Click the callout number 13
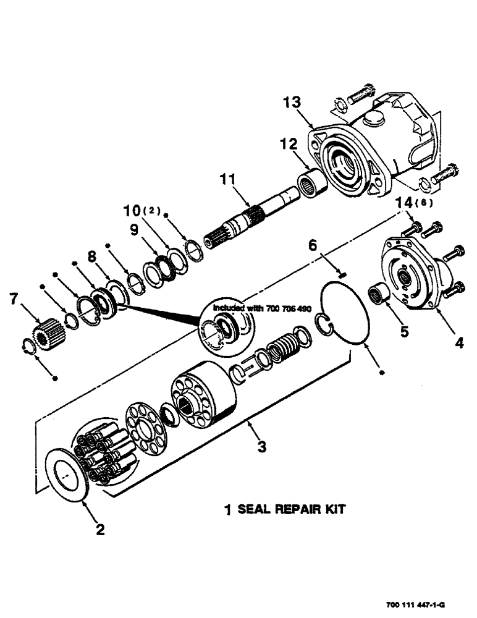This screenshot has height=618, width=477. click(293, 102)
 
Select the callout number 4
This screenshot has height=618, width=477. click(458, 340)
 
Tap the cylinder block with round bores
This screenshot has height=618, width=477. click(202, 399)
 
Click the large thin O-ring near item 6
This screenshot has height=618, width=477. click(347, 312)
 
